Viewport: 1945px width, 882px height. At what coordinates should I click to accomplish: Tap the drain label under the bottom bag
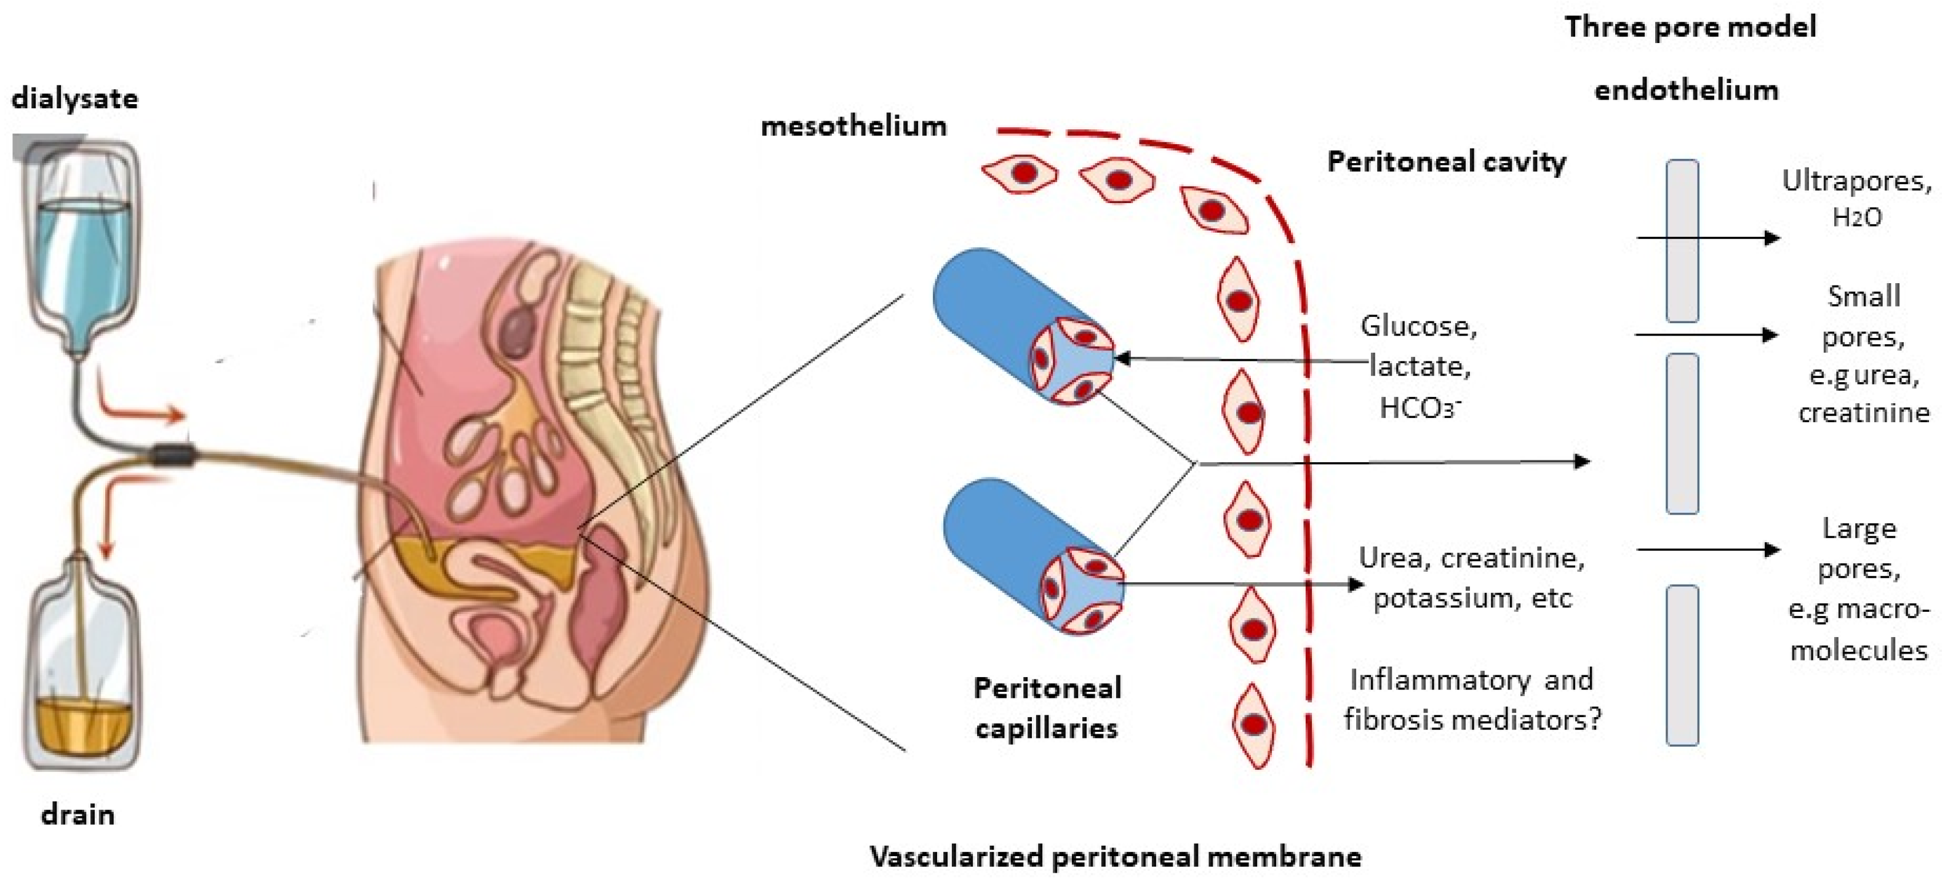[78, 815]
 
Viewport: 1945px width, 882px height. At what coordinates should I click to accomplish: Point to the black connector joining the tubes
[174, 455]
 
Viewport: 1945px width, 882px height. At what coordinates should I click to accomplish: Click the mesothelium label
[853, 126]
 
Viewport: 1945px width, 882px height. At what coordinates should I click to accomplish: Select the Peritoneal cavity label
[1447, 162]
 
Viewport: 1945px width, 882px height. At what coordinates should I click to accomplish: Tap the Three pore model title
[1690, 27]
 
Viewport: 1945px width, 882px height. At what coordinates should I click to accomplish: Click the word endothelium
[1686, 90]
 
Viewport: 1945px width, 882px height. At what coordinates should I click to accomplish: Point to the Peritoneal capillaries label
[1047, 708]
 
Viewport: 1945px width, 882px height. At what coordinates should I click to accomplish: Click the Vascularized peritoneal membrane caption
[1116, 856]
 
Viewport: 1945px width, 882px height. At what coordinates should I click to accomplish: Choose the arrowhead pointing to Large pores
[1771, 550]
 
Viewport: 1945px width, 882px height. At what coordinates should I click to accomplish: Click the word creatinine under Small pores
[1863, 413]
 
